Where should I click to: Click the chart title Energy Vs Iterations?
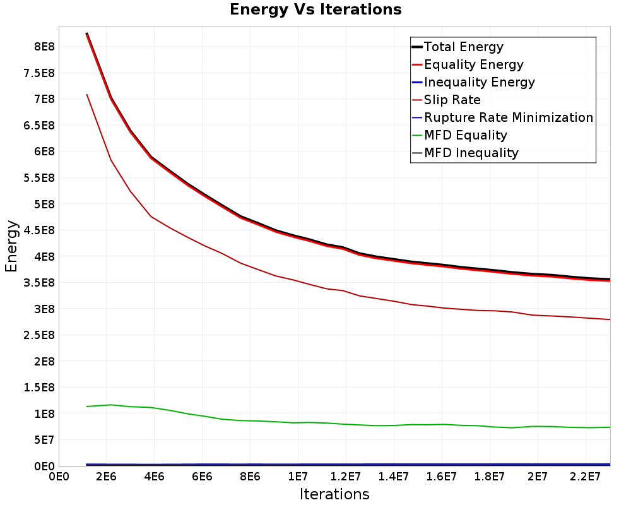pyautogui.click(x=315, y=9)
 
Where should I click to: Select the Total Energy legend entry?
pyautogui.click(x=457, y=47)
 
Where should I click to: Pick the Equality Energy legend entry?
pyautogui.click(x=468, y=64)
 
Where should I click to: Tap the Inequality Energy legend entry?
pyautogui.click(x=474, y=82)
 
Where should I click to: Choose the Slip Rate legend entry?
pyautogui.click(x=446, y=100)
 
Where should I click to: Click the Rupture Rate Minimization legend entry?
pyautogui.click(x=503, y=117)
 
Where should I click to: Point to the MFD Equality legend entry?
pyautogui.click(x=459, y=135)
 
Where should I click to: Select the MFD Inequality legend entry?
pyautogui.click(x=465, y=153)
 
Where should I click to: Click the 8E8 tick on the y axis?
pyautogui.click(x=44, y=47)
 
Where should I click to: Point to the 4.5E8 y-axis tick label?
pyautogui.click(x=39, y=230)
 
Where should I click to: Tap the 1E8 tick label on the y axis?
pyautogui.click(x=44, y=414)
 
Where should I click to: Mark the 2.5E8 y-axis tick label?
pyautogui.click(x=39, y=335)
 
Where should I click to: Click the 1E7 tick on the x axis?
pyautogui.click(x=298, y=477)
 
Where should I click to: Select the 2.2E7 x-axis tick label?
pyautogui.click(x=586, y=477)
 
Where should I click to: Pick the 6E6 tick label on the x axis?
pyautogui.click(x=202, y=477)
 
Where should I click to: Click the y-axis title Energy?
pyautogui.click(x=11, y=246)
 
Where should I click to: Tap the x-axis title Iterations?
pyautogui.click(x=334, y=494)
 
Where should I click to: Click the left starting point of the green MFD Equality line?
pyautogui.click(x=86, y=407)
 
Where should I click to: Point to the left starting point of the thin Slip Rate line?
pyautogui.click(x=86, y=94)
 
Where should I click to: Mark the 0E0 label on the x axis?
pyautogui.click(x=59, y=477)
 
